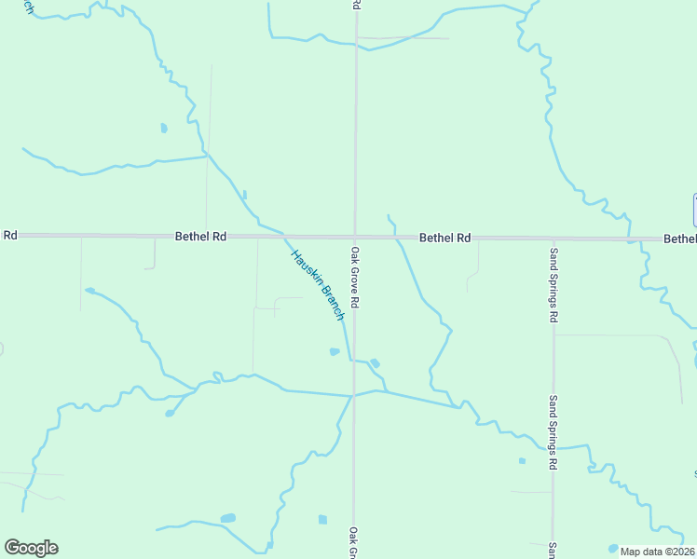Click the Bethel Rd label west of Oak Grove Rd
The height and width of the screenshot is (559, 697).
(201, 237)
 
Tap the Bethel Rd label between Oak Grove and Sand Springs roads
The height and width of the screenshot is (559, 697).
(444, 238)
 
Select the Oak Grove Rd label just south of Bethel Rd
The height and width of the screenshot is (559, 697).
(355, 278)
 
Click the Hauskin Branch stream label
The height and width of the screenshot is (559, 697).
(318, 285)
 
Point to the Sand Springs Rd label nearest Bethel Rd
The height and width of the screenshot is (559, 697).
(553, 285)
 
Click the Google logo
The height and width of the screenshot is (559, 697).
(31, 548)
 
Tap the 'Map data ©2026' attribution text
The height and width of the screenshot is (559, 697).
(658, 552)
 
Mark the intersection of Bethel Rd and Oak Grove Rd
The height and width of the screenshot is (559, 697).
(354, 237)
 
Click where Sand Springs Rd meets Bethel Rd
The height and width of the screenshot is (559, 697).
(553, 239)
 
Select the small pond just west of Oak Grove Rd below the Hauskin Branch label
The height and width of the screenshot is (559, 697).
(335, 351)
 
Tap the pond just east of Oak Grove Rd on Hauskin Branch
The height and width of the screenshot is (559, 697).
(375, 362)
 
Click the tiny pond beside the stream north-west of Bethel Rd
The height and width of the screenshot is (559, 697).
(164, 128)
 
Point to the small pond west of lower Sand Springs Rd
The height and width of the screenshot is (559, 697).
(522, 460)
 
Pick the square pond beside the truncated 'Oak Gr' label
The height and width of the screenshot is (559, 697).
(322, 519)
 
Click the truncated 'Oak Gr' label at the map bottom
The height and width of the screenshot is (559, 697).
(355, 543)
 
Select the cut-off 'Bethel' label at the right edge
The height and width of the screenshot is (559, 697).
(680, 239)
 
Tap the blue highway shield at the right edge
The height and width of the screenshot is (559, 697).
(694, 210)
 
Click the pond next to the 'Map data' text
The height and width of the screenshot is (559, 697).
(613, 548)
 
